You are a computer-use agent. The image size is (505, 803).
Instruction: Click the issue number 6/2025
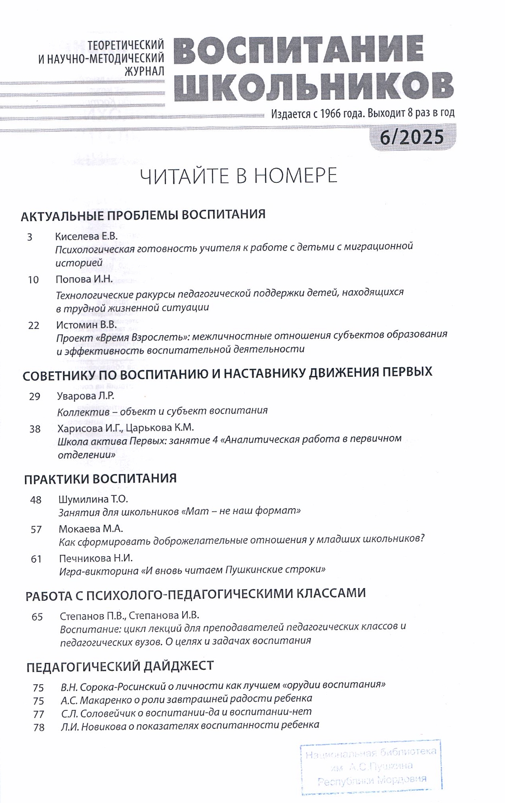[x=412, y=137]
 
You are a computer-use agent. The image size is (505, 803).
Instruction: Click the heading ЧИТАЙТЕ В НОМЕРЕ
[x=239, y=176]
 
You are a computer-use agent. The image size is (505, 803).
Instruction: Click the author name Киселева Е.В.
[x=86, y=236]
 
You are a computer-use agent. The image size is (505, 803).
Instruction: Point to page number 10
[x=34, y=280]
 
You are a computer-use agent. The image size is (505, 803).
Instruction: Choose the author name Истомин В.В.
[x=86, y=325]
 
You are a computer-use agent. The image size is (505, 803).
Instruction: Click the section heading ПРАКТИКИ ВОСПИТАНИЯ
[x=100, y=478]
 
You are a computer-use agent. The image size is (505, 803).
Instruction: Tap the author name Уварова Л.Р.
[x=86, y=396]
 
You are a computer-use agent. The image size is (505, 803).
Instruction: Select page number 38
[x=35, y=429]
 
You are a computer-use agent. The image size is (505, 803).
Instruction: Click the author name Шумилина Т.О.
[x=93, y=499]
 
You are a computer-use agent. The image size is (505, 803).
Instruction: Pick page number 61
[x=36, y=559]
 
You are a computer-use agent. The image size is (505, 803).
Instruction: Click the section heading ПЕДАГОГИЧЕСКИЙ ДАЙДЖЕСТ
[x=120, y=666]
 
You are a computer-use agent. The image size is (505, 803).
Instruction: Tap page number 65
[x=37, y=617]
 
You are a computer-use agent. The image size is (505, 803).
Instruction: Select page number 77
[x=38, y=714]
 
